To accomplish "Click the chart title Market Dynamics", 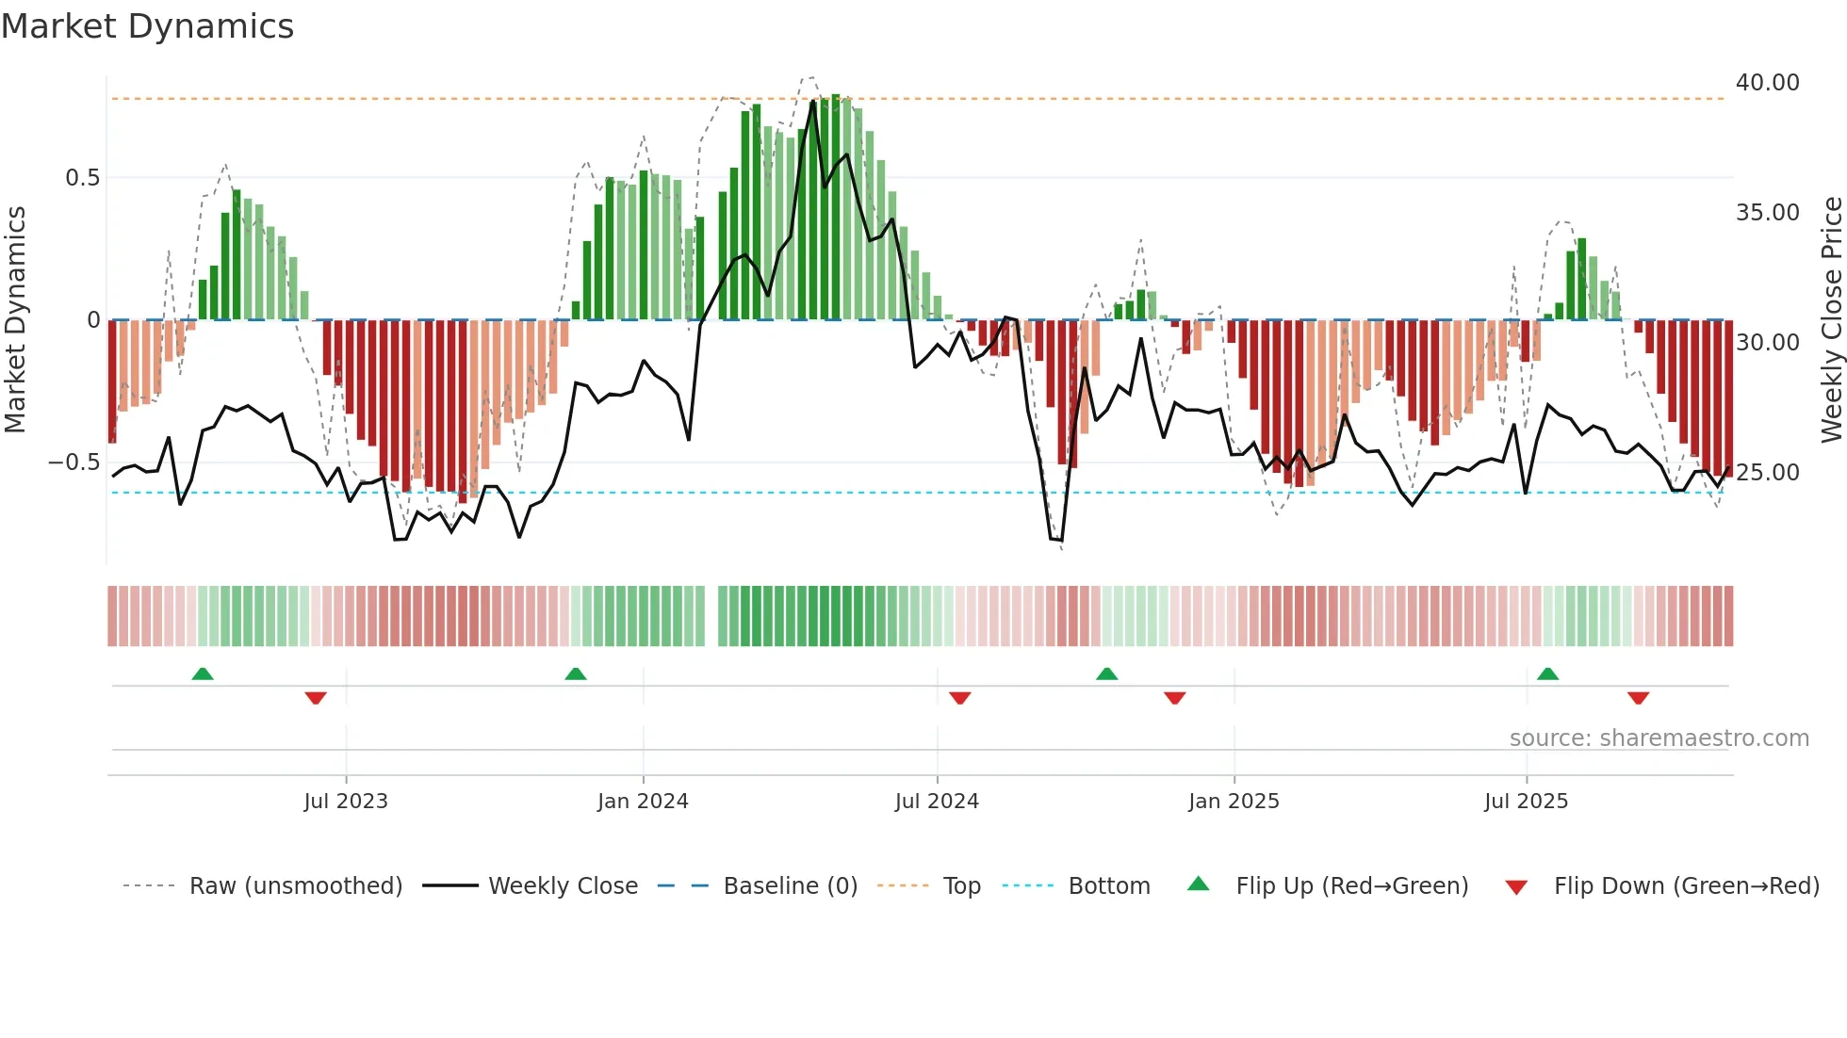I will (x=147, y=26).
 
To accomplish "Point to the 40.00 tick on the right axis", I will (x=1767, y=83).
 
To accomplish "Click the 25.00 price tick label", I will (x=1767, y=473).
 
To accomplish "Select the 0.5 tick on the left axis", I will (x=82, y=178).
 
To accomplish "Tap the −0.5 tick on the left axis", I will (x=74, y=462).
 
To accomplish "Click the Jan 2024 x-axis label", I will (x=643, y=802).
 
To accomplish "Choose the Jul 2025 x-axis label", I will (x=1526, y=802).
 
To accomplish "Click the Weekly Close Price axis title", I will (x=1831, y=320).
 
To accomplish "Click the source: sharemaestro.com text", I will (x=1659, y=738).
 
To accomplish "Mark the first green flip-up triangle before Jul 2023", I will (x=203, y=673).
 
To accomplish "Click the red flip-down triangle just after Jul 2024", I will (x=960, y=698).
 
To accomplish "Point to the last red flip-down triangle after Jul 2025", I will (x=1638, y=698).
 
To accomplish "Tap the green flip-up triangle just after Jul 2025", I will (x=1547, y=673).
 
